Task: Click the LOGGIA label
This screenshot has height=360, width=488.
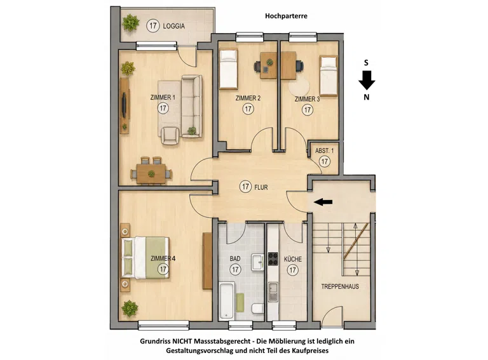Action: click(173, 26)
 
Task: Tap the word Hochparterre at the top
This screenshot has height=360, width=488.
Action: click(286, 16)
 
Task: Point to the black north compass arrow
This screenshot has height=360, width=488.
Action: click(367, 80)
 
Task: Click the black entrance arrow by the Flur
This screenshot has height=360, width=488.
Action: click(323, 202)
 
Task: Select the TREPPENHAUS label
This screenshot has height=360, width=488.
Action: click(340, 286)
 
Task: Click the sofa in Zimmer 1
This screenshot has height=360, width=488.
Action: click(192, 106)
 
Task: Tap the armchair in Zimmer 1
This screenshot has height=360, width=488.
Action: click(170, 135)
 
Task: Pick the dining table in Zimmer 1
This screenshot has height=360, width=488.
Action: click(151, 174)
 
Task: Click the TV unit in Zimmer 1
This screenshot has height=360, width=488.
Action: click(125, 105)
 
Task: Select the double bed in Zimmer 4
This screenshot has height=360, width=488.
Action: click(146, 258)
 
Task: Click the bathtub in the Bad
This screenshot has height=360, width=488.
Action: click(227, 301)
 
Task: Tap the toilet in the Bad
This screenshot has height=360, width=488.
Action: click(258, 309)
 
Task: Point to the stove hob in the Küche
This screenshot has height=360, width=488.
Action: click(273, 258)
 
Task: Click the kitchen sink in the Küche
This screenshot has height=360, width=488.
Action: click(273, 292)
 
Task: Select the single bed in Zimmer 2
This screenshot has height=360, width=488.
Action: click(229, 69)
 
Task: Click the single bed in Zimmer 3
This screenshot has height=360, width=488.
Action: click(329, 76)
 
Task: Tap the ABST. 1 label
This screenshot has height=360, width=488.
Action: click(324, 150)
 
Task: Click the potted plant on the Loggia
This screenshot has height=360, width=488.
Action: click(131, 23)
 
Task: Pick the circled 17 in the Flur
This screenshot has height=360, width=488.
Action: click(245, 187)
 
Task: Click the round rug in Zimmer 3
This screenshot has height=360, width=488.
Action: click(299, 86)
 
